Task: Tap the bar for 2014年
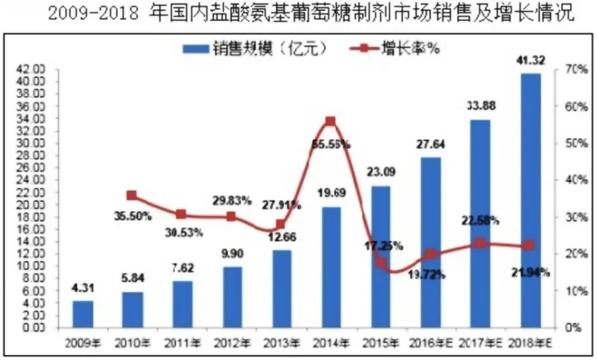tap(331, 267)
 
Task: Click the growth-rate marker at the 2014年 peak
tap(331, 122)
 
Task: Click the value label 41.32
tap(530, 60)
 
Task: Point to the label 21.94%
tap(530, 273)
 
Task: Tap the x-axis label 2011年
tap(182, 343)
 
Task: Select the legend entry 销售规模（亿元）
tap(255, 49)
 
